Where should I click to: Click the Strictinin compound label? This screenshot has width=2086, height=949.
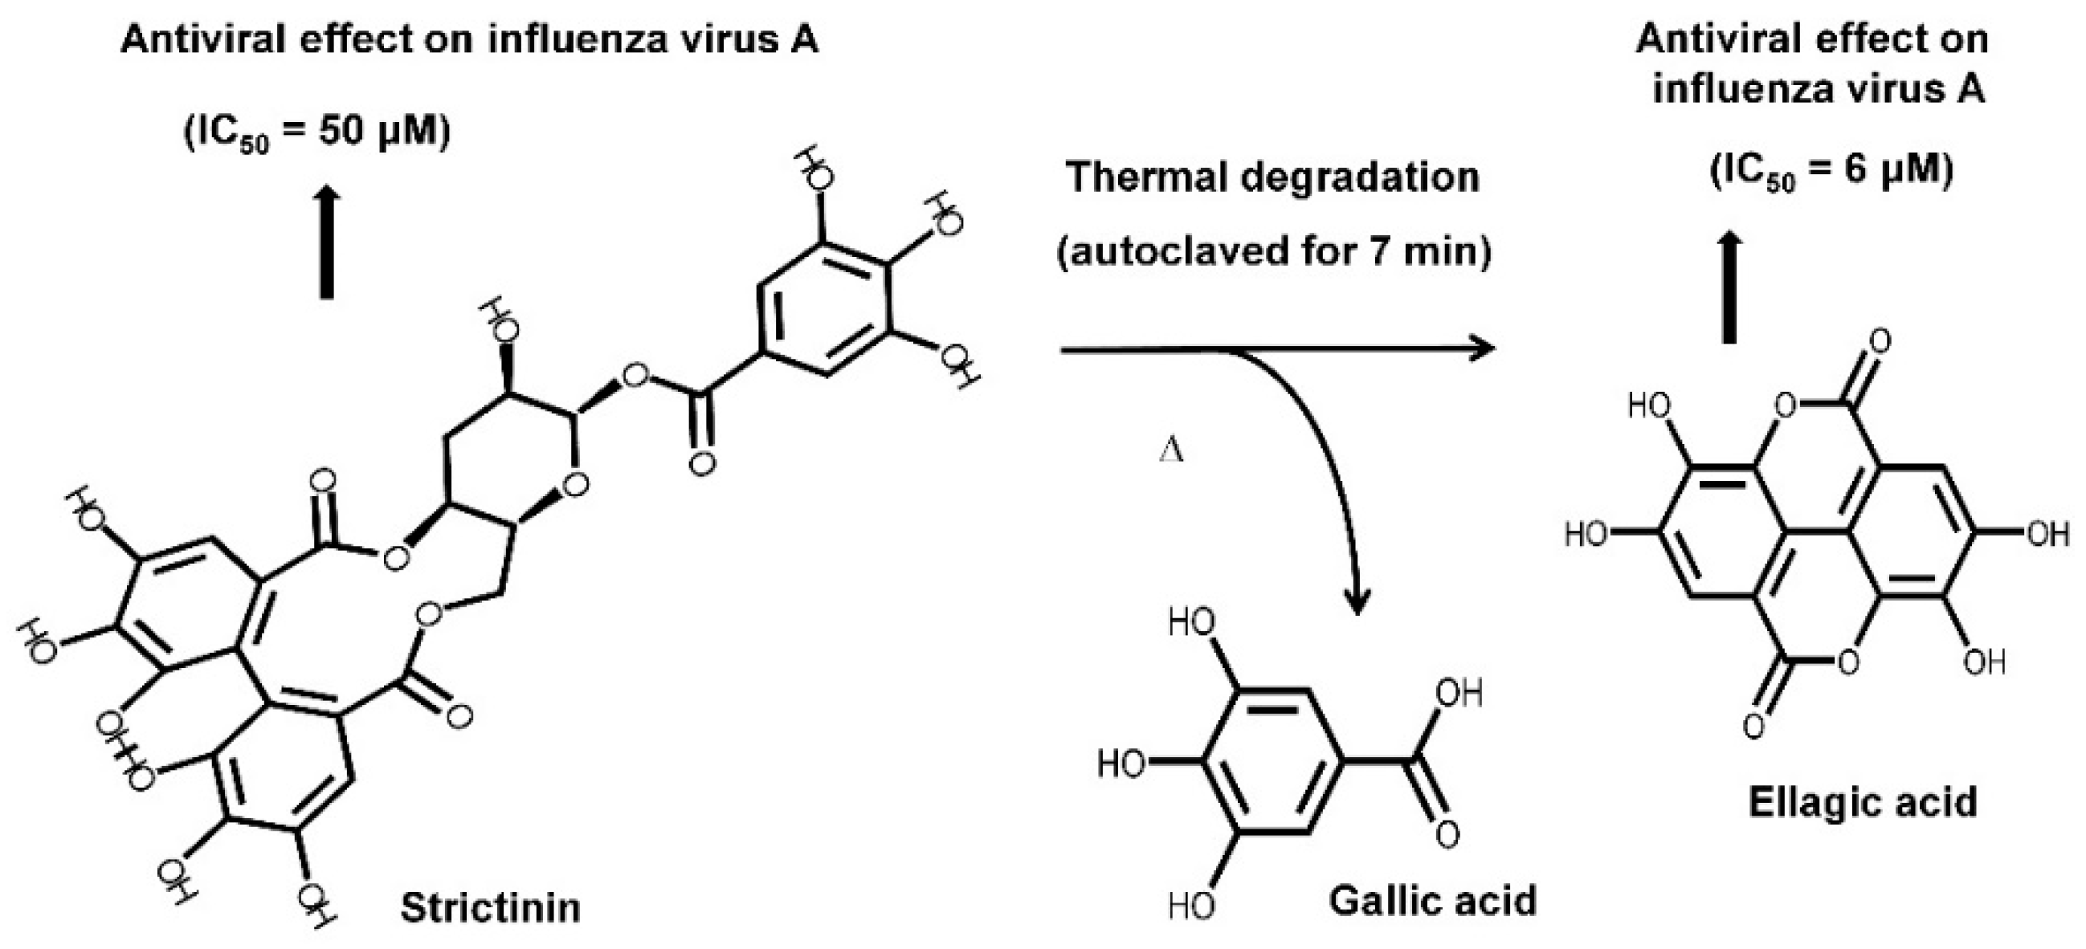tap(491, 908)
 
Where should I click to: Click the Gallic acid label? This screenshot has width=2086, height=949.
tap(1432, 901)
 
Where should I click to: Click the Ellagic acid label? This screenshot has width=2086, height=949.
tap(1863, 802)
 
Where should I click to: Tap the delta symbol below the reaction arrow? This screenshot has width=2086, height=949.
tap(1172, 450)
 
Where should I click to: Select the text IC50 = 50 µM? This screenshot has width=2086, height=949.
tap(316, 132)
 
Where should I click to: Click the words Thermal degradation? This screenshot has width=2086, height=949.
tap(1273, 177)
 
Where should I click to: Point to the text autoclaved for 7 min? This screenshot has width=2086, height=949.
tap(1273, 252)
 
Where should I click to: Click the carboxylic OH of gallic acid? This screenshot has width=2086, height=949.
tap(1459, 694)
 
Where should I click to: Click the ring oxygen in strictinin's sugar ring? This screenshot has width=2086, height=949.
tap(576, 485)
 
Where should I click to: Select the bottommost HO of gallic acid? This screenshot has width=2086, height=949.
tap(1191, 906)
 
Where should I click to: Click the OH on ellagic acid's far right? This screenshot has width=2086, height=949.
tap(2047, 534)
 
